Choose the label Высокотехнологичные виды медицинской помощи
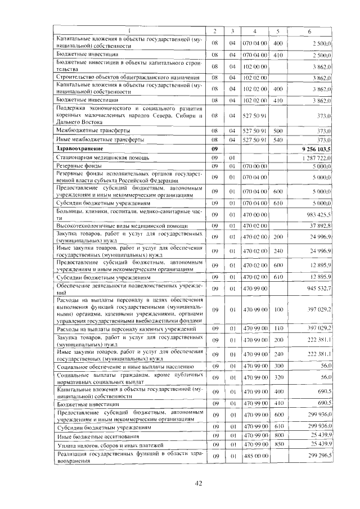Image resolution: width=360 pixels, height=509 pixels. [x=116, y=226]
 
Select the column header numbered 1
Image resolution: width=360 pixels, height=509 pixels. [x=129, y=30]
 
